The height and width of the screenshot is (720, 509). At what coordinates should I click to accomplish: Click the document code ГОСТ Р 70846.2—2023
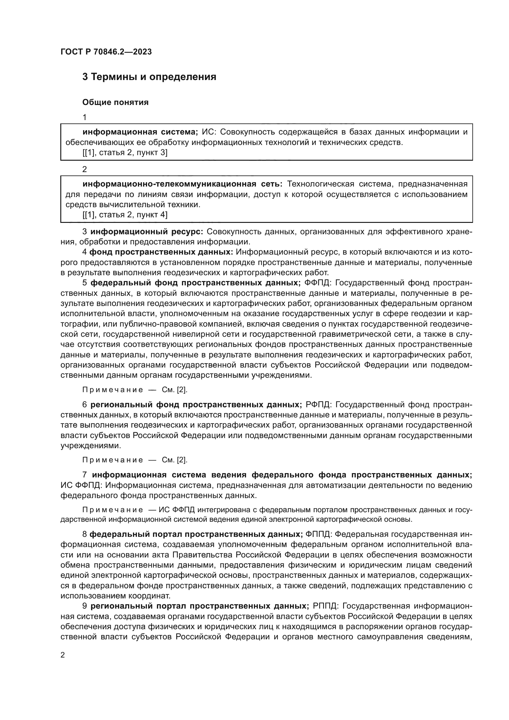pos(106,52)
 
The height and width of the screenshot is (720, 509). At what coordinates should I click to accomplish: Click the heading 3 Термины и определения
pos(149,77)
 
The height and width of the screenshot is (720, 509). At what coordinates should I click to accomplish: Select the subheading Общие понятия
pos(115,102)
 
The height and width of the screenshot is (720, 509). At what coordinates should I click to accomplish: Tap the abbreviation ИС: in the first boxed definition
pos(209,132)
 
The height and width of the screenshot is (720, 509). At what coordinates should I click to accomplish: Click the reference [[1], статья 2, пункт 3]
pos(125,153)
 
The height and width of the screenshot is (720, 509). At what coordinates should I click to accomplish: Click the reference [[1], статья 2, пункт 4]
pos(125,215)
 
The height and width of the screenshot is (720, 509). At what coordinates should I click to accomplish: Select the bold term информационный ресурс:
pos(147,232)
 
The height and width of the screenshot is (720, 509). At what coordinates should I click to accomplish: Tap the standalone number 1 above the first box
pos(84,117)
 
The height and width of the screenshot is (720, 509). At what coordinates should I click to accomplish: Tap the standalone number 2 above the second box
pos(84,169)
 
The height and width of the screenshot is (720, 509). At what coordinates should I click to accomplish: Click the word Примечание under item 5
pos(113,390)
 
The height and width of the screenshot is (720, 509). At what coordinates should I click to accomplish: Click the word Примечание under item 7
pos(113,510)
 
